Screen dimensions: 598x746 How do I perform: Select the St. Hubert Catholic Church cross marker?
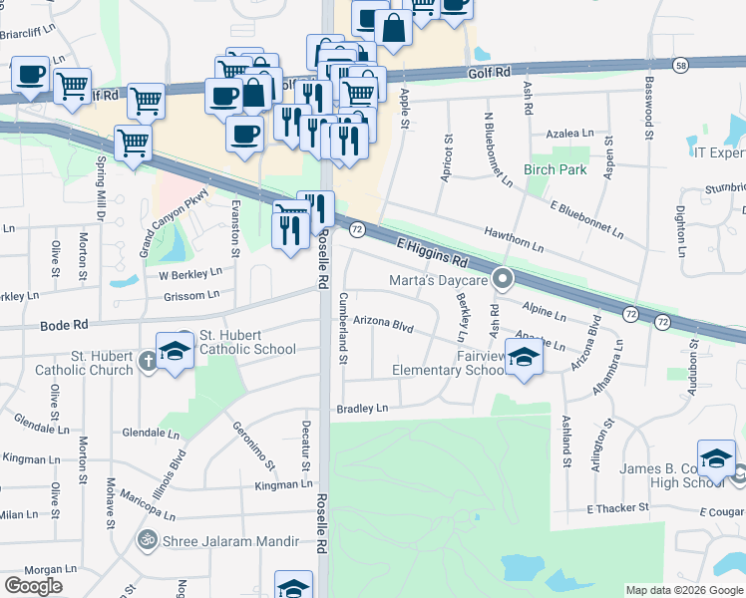tap(148, 359)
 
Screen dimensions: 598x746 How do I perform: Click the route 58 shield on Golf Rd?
tap(680, 66)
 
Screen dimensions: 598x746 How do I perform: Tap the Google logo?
tap(33, 585)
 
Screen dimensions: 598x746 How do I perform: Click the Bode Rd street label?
tap(65, 325)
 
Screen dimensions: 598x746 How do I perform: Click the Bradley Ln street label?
tap(361, 408)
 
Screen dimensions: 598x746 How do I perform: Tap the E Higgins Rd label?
tap(432, 252)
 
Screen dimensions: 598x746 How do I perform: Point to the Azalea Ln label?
tap(569, 134)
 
